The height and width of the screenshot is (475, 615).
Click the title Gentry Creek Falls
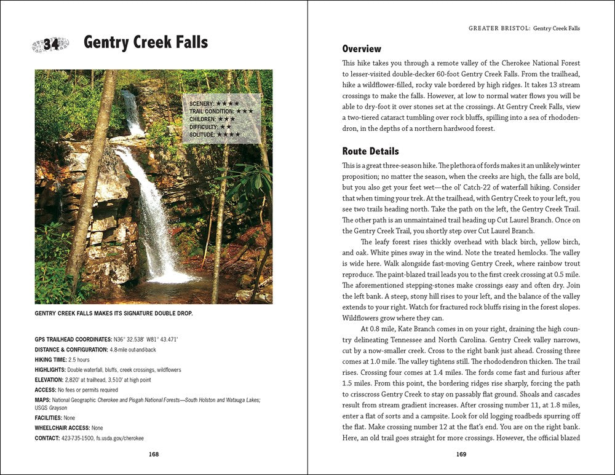point(146,42)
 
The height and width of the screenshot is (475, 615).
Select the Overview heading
point(362,49)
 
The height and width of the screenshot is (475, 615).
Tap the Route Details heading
point(370,151)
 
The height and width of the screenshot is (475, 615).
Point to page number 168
point(154,454)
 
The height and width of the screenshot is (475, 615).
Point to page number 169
point(461,454)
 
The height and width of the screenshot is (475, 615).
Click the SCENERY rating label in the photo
point(200,103)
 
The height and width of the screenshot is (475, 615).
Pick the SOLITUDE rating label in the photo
point(202,133)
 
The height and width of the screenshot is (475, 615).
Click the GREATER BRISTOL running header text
point(499,28)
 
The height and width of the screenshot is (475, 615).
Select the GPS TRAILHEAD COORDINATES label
point(73,339)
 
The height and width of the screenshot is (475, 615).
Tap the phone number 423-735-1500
point(77,438)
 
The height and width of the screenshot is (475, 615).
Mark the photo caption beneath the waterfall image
point(114,313)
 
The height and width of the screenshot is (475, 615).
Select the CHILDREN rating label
point(202,119)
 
